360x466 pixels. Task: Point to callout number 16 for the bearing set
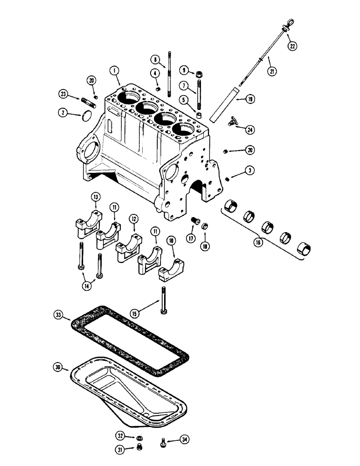coord(257,242)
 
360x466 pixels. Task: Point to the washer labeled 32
coord(138,438)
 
